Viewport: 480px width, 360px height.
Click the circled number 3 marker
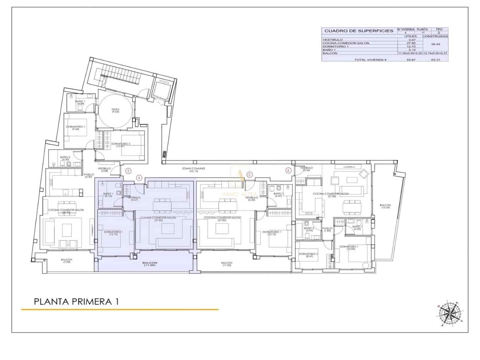point(128,171)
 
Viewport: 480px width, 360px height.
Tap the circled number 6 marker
point(288,170)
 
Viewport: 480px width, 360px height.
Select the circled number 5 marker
point(249,174)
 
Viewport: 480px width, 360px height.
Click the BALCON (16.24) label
point(385,206)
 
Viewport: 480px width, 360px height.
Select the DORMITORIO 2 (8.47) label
point(308,255)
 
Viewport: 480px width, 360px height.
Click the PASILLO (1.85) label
point(327,229)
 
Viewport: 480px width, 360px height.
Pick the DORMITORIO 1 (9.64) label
point(76,128)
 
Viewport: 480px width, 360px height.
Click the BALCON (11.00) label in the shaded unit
point(150,264)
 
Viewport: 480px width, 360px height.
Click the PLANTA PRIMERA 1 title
point(76,301)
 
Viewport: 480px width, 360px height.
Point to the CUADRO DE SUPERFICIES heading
point(359,31)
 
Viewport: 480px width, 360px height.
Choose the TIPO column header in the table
point(439,29)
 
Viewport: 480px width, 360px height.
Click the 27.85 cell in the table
point(410,43)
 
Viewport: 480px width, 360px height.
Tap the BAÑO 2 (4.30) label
point(65,158)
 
